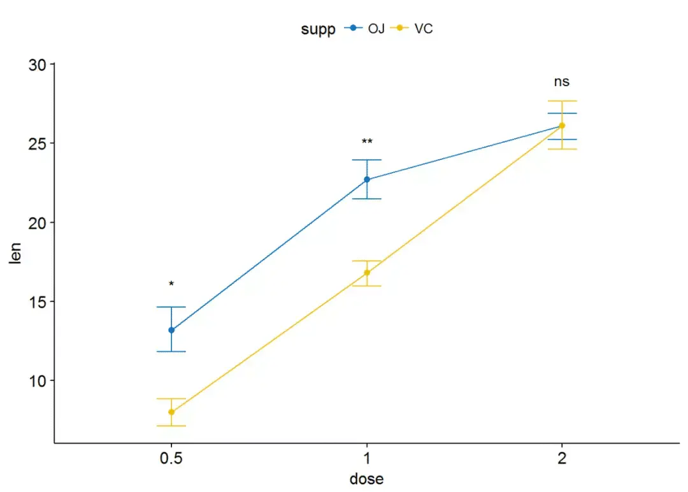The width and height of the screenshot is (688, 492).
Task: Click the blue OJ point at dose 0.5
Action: pyautogui.click(x=171, y=330)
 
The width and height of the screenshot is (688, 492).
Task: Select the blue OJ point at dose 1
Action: pyautogui.click(x=367, y=180)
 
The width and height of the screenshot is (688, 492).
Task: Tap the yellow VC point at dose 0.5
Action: pyautogui.click(x=171, y=412)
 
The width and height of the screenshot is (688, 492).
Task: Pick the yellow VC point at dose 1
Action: pyautogui.click(x=367, y=273)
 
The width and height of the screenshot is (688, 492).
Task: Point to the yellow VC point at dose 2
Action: pyautogui.click(x=562, y=126)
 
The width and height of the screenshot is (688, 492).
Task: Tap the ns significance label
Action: pyautogui.click(x=561, y=82)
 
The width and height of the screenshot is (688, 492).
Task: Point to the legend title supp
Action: pyautogui.click(x=319, y=29)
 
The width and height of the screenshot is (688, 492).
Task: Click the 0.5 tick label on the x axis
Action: pyautogui.click(x=171, y=459)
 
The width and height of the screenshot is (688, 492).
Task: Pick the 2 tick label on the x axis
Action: pyautogui.click(x=562, y=459)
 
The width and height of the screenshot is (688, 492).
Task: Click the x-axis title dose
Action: pyautogui.click(x=367, y=479)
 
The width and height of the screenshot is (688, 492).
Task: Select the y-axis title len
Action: pyautogui.click(x=14, y=254)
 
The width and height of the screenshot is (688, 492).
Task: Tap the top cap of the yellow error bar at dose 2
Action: pyautogui.click(x=562, y=101)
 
